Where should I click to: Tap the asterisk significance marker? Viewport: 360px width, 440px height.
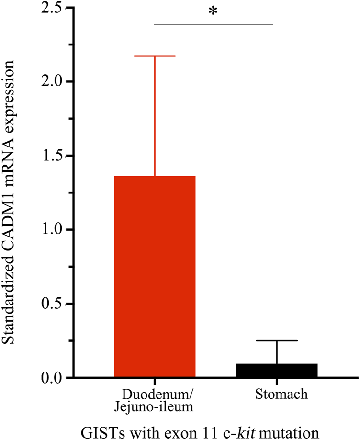point(213,12)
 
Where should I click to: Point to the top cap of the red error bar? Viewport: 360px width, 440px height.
point(155,56)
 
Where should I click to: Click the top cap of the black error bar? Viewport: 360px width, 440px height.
point(277,340)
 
